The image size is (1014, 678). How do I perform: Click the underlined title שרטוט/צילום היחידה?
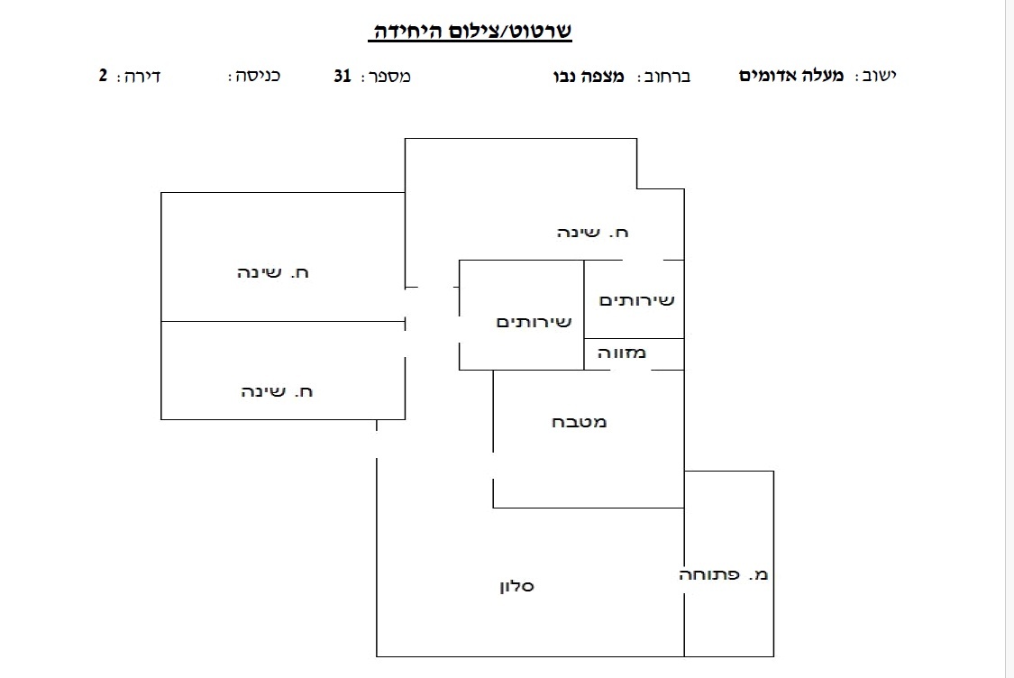click(x=470, y=31)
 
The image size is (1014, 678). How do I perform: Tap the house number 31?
click(x=343, y=76)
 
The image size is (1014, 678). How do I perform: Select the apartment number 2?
click(x=103, y=75)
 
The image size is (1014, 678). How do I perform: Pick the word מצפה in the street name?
click(x=603, y=77)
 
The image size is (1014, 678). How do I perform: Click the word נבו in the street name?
click(x=565, y=77)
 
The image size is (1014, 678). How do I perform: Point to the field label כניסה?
click(x=254, y=76)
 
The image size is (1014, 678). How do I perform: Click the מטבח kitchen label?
click(x=579, y=423)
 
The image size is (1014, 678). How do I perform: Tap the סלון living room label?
click(x=516, y=586)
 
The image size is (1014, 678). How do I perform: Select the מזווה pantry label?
click(x=621, y=353)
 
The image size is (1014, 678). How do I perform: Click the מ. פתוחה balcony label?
click(x=723, y=574)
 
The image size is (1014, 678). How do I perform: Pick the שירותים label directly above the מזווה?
click(x=637, y=300)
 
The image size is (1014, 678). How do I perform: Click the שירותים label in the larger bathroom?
click(x=534, y=322)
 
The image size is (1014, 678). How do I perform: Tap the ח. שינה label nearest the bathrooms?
click(x=592, y=233)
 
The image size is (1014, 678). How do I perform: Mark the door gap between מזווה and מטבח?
click(x=631, y=370)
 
